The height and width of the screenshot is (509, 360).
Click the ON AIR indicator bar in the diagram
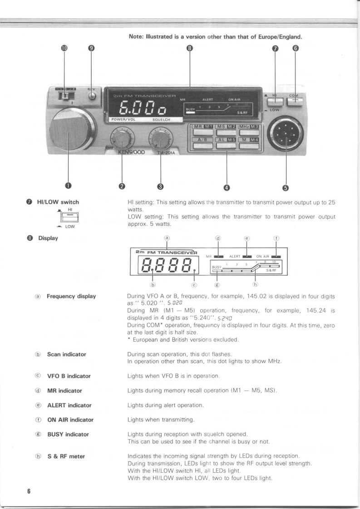(276, 257)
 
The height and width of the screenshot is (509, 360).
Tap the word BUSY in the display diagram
(217, 268)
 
